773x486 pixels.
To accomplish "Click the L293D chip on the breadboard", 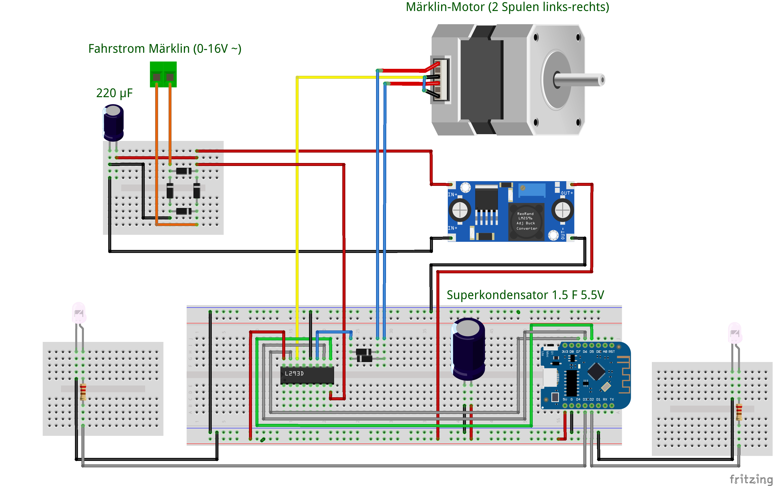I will [x=307, y=375].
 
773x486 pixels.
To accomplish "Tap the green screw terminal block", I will [x=163, y=74].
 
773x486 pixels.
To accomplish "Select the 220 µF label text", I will [x=114, y=93].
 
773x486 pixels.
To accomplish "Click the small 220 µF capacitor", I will [x=113, y=123].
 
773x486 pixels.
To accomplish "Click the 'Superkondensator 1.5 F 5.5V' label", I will [x=525, y=295].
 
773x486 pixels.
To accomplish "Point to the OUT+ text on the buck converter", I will [x=566, y=193].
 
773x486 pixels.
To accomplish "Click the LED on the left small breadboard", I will [x=79, y=313].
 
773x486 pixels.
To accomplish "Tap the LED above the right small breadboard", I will [x=735, y=333].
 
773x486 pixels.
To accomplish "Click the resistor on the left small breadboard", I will [x=83, y=392].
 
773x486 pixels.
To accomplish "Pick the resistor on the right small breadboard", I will [x=739, y=412].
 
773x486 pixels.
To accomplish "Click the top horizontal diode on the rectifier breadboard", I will [x=184, y=171].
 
